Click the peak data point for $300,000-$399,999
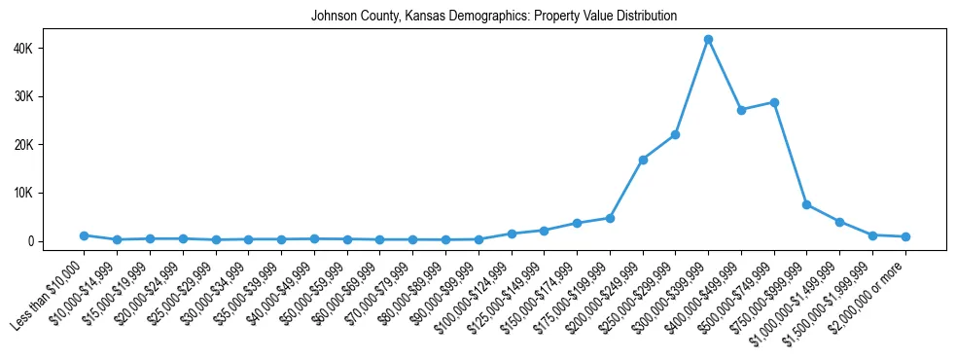(708, 40)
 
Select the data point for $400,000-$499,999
(741, 110)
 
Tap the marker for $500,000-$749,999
(774, 102)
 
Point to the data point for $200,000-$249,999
(643, 160)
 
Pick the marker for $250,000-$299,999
(675, 134)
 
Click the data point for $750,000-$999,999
(807, 204)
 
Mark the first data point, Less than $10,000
(84, 235)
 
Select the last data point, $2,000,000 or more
(905, 236)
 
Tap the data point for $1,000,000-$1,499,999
(839, 222)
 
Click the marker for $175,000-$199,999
(610, 218)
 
